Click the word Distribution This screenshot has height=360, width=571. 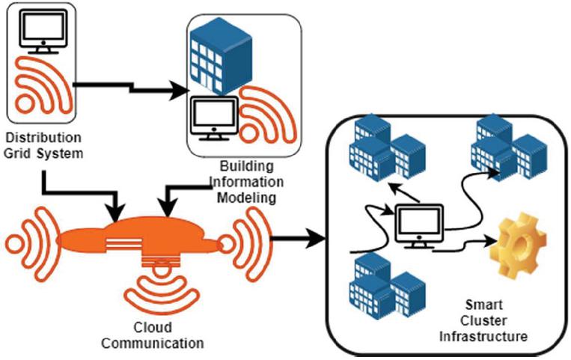coord(43,139)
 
